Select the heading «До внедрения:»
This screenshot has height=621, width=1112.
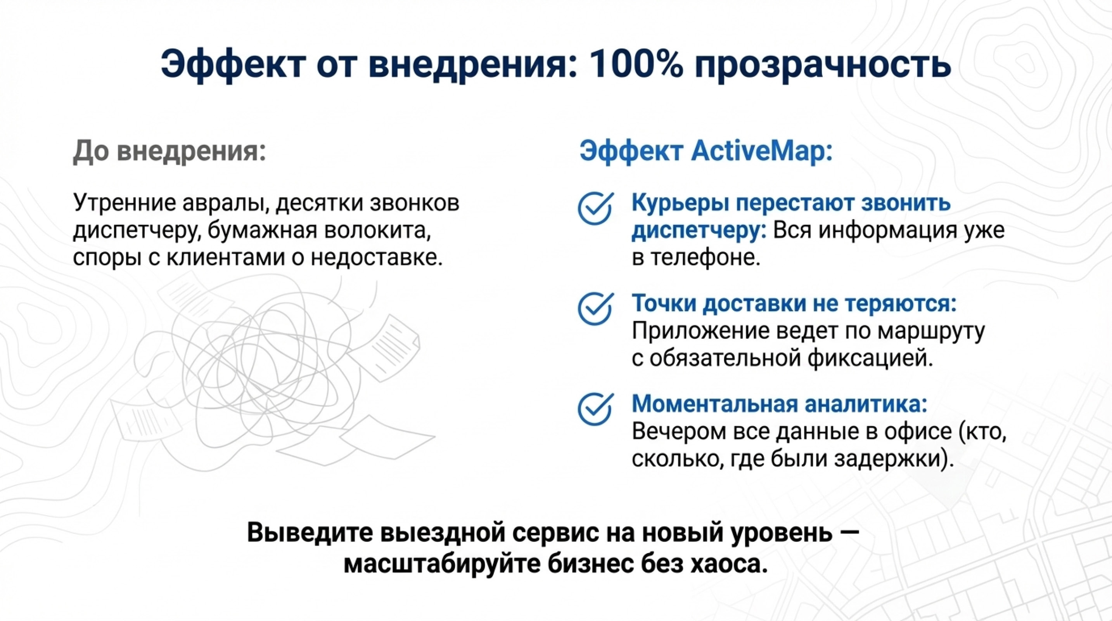[x=169, y=152]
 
